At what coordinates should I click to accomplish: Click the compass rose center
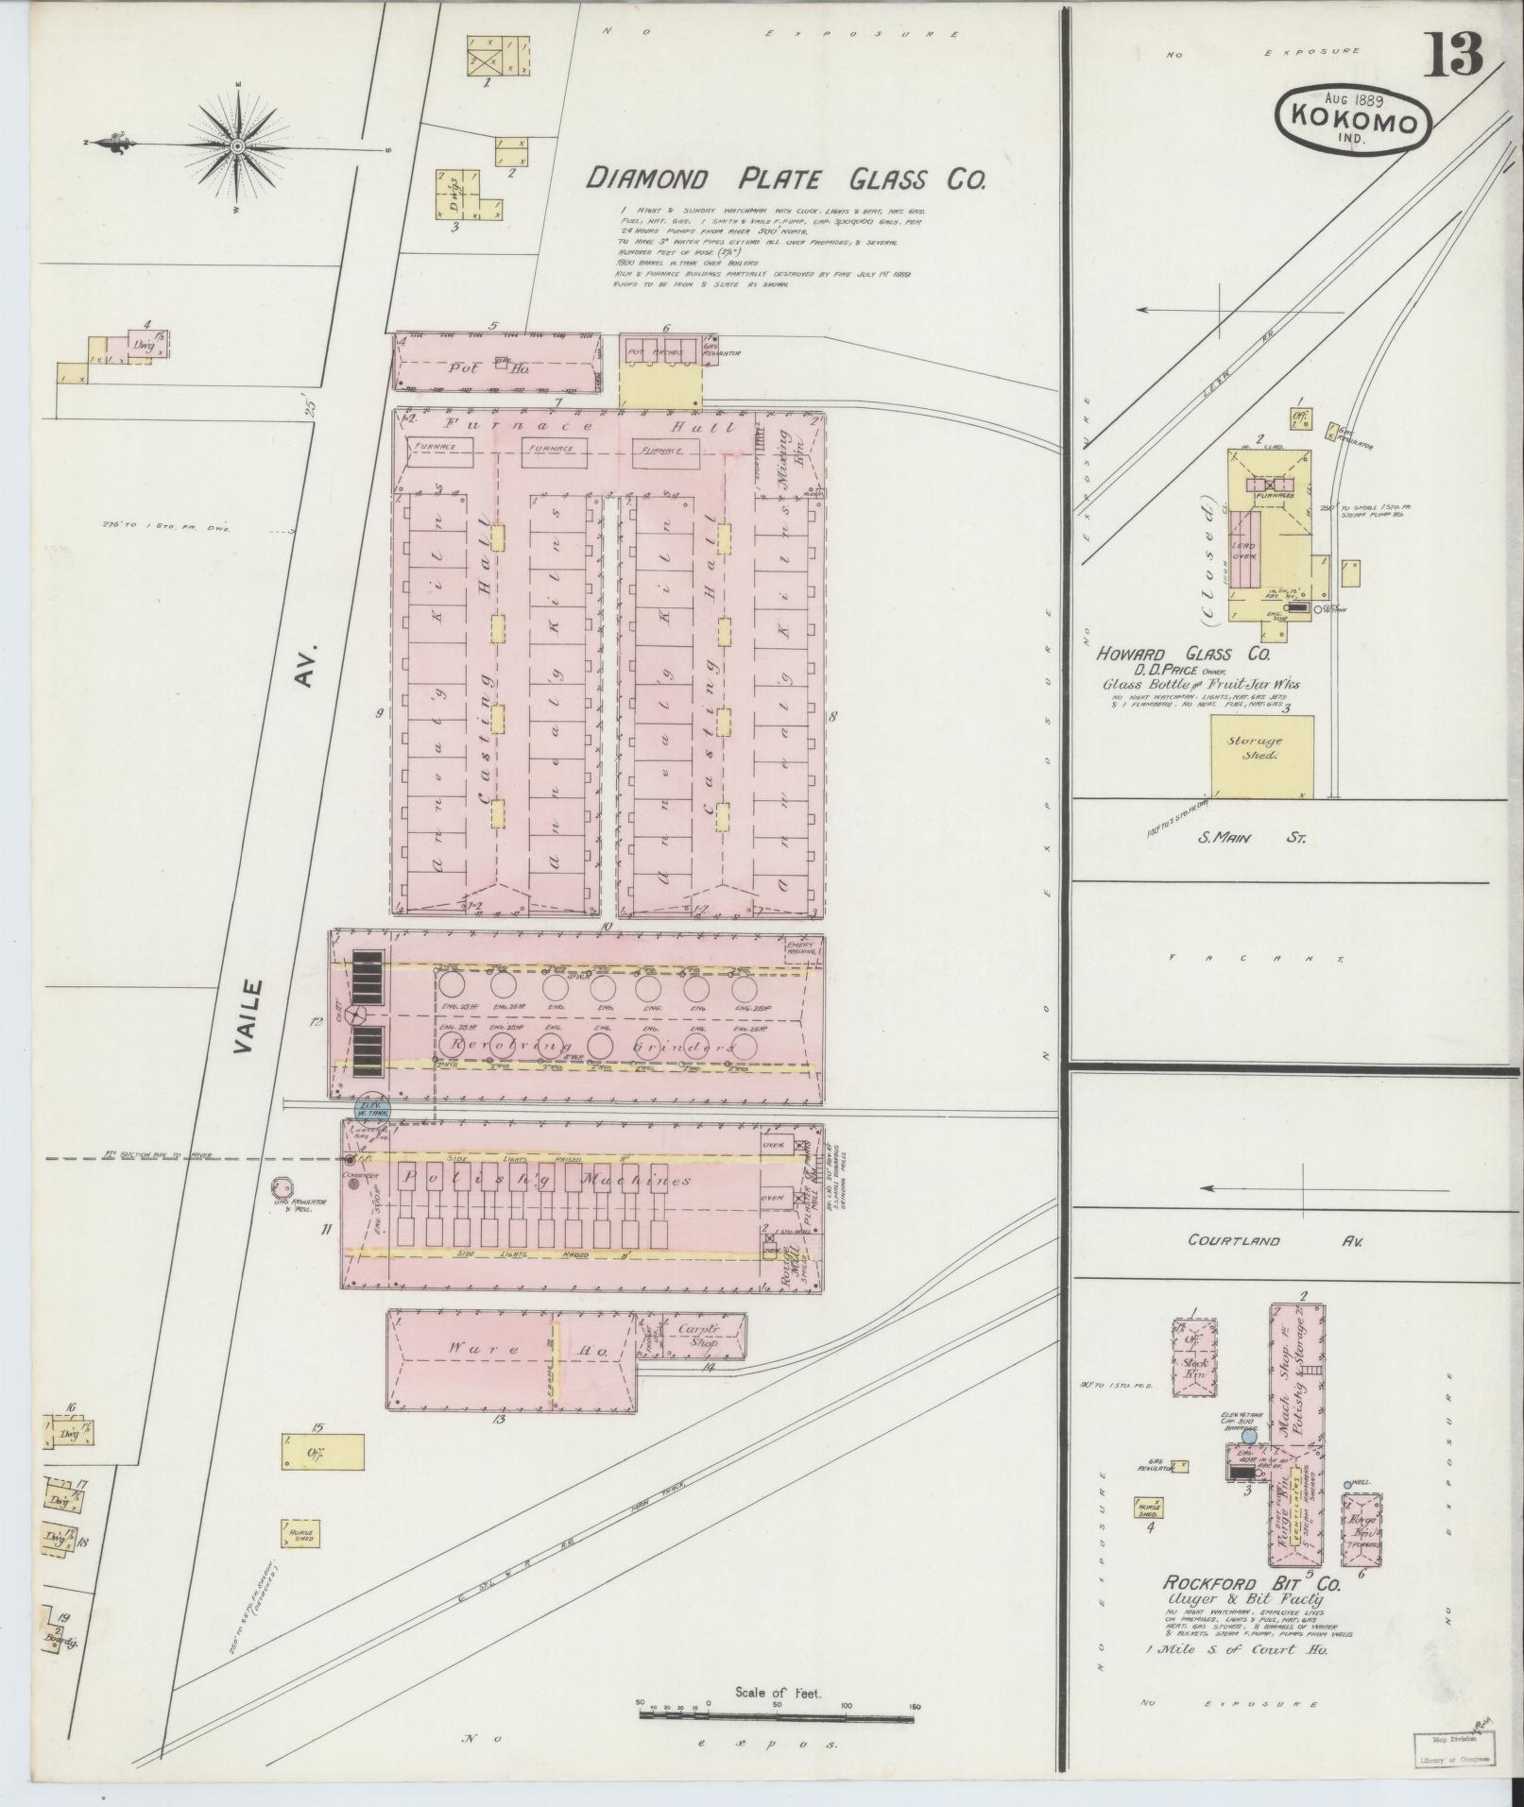pyautogui.click(x=237, y=146)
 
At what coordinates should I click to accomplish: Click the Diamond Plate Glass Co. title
pyautogui.click(x=785, y=179)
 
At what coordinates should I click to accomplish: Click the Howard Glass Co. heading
pyautogui.click(x=1183, y=654)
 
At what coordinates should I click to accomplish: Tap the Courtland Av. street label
pyautogui.click(x=1274, y=1241)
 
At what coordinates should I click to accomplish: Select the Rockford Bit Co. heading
pyautogui.click(x=1251, y=1583)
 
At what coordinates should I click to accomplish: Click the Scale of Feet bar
pyautogui.click(x=779, y=1713)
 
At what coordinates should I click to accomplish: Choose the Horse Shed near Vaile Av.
pyautogui.click(x=300, y=1533)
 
